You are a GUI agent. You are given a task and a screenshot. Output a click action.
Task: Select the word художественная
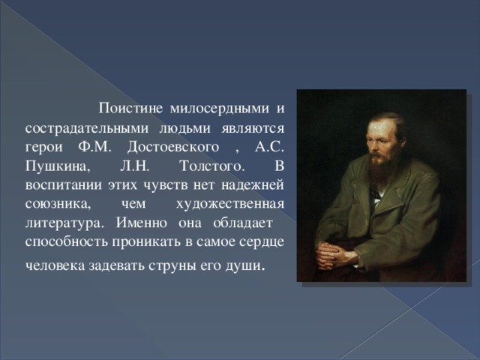click(x=229, y=203)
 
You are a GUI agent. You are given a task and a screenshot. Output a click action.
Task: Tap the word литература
click(x=61, y=223)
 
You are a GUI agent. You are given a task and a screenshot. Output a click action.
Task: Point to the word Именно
click(x=143, y=223)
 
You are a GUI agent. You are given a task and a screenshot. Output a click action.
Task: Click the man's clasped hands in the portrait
click(x=335, y=255)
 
